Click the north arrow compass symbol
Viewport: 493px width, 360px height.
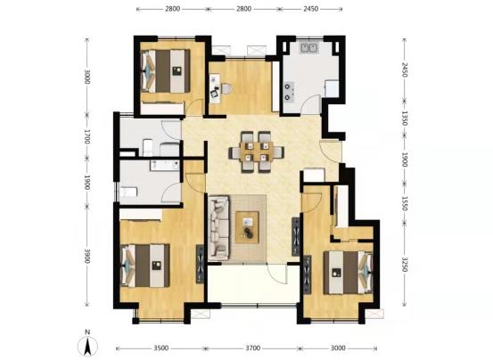coord(87,345)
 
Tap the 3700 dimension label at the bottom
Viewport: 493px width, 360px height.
coord(253,348)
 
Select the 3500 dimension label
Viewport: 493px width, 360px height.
coord(161,348)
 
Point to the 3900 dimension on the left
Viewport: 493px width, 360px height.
coord(87,256)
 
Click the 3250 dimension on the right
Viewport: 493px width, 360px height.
coord(405,265)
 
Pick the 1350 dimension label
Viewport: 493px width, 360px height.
coord(405,119)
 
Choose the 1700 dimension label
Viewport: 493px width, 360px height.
coord(87,136)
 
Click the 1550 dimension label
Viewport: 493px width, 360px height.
coord(405,203)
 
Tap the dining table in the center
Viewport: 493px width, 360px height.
coord(257,151)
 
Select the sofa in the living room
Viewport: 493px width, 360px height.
coord(218,228)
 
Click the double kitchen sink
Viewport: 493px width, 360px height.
coord(309,48)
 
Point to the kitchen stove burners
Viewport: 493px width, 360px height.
coord(289,92)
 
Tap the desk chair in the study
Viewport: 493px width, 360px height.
coord(226,88)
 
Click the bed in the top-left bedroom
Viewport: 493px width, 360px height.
coord(166,71)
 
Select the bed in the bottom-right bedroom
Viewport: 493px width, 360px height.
coord(348,273)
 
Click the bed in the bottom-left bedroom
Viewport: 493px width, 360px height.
coord(145,266)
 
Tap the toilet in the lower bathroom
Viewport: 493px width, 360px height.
coord(128,192)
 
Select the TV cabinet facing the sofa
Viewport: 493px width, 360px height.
coord(296,236)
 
